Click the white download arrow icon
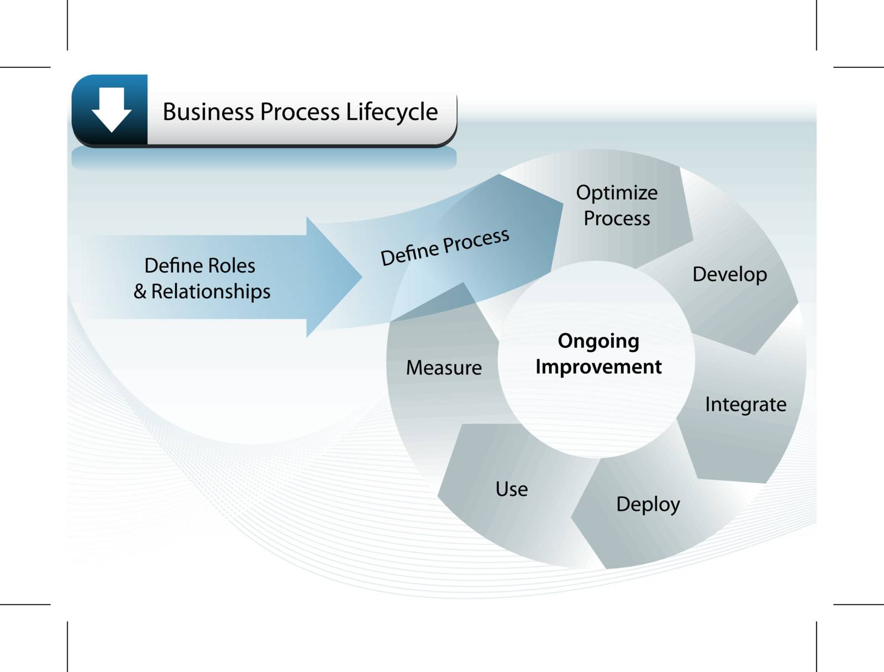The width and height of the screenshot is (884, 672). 112,109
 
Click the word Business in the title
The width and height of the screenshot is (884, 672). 208,112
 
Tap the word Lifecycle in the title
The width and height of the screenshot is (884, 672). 392,113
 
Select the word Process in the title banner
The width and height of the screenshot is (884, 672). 299,112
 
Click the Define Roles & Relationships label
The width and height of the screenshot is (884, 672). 201,278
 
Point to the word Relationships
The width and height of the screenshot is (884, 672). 211,292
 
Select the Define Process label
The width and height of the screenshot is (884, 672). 445,247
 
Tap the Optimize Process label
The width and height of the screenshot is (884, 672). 617,205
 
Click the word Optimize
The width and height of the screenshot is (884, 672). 617,193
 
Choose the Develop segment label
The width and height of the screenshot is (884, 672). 729,274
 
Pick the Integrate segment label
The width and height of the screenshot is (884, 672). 745,405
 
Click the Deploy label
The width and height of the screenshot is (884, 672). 648,504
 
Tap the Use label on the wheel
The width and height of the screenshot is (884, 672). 512,489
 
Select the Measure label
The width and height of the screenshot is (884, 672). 444,368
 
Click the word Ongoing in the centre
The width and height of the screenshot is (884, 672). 598,341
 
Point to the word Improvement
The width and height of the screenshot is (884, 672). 598,367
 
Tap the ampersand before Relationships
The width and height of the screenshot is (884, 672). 140,292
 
